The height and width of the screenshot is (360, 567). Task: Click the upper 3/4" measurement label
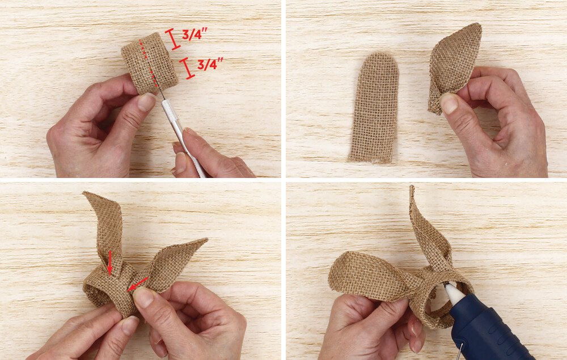click(194, 35)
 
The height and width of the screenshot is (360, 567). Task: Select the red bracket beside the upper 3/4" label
click(173, 39)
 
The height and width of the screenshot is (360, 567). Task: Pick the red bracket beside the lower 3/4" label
click(187, 68)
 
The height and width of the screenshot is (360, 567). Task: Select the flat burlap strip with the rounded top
click(374, 108)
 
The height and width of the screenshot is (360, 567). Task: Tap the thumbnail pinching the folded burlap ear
click(448, 104)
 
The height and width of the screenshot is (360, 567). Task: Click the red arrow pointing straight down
click(109, 262)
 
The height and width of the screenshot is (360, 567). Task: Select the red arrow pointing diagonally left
click(138, 283)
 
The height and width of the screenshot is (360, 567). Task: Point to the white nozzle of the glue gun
click(454, 293)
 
